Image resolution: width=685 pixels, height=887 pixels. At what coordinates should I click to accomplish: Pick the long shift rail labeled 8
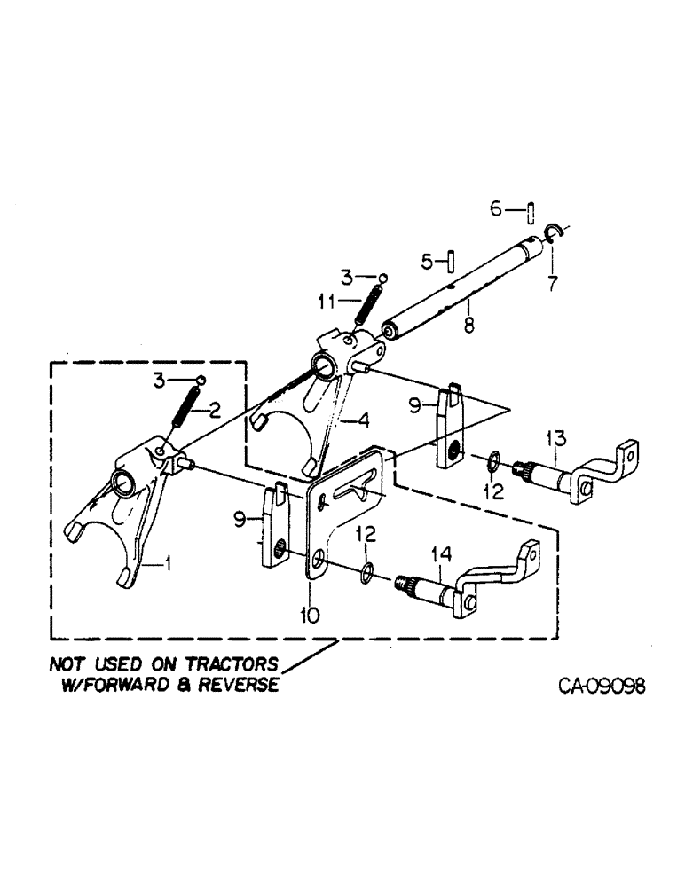click(x=461, y=293)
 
